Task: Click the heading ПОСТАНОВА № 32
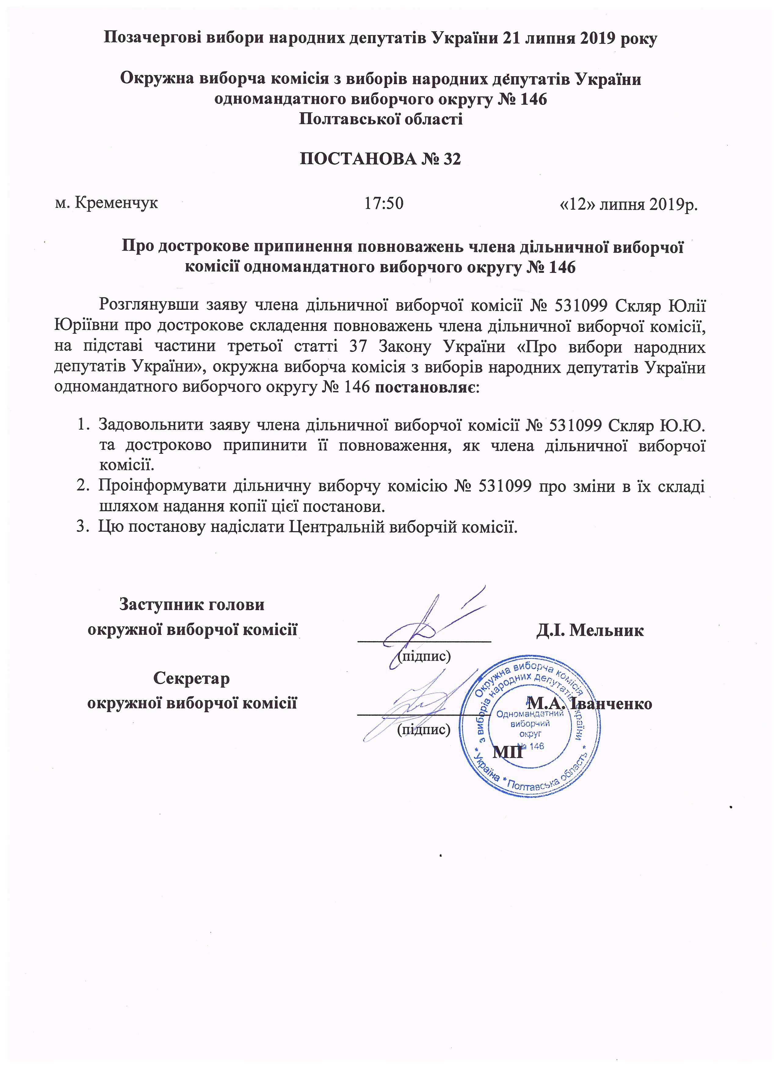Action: (380, 160)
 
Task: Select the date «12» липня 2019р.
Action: (628, 204)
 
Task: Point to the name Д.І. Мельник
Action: (589, 630)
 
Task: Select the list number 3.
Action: (80, 527)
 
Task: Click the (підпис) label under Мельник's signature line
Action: (423, 656)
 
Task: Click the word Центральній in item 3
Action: (335, 527)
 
